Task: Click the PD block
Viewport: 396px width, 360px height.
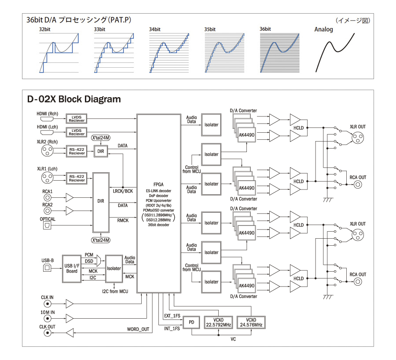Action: tap(191, 323)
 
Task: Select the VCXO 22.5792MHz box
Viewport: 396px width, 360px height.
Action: tap(218, 323)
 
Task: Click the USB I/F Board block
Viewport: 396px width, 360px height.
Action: tap(72, 268)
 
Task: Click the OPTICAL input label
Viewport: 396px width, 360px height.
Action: tap(48, 218)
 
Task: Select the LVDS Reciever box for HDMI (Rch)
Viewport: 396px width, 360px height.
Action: tap(77, 118)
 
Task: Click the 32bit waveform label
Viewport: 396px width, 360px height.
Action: tap(44, 29)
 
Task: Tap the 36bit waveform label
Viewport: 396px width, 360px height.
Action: tap(265, 29)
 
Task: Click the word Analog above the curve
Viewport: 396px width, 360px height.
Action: tap(323, 30)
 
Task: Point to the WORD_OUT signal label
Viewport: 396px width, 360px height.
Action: tap(138, 329)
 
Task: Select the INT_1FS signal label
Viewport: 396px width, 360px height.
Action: tap(172, 329)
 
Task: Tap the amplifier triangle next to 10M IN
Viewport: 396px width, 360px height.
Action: tap(70, 318)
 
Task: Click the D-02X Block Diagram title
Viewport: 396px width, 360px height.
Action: tap(73, 99)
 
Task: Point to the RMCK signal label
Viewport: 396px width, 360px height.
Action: tap(123, 220)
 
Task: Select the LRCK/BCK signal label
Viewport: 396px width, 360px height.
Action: tap(123, 191)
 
